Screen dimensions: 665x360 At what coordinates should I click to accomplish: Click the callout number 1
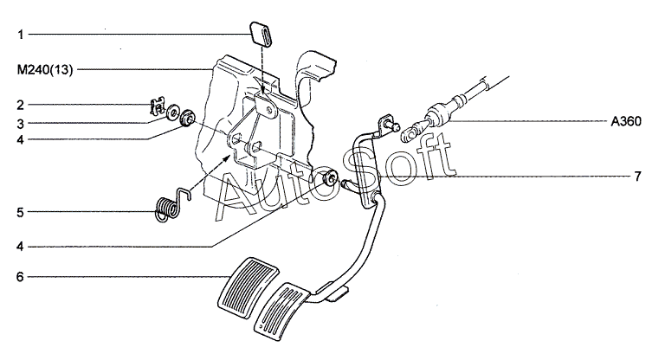(x=21, y=35)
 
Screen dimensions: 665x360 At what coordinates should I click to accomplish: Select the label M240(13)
(x=45, y=70)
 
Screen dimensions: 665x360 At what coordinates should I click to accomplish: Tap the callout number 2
(x=21, y=105)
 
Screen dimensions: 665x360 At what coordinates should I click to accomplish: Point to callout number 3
(x=21, y=125)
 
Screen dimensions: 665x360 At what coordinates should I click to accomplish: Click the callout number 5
(x=21, y=212)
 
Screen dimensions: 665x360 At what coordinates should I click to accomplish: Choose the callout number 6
(x=21, y=277)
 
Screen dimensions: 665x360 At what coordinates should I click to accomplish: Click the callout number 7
(x=637, y=176)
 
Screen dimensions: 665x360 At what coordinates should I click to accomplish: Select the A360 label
(x=626, y=122)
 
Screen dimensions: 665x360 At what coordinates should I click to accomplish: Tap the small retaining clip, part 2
(x=158, y=106)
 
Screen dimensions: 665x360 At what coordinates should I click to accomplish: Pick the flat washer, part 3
(x=173, y=112)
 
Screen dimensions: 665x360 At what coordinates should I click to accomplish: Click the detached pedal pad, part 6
(x=248, y=287)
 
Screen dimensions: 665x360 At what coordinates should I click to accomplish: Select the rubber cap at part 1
(x=260, y=34)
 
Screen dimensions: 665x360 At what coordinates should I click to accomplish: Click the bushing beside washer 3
(x=187, y=118)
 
